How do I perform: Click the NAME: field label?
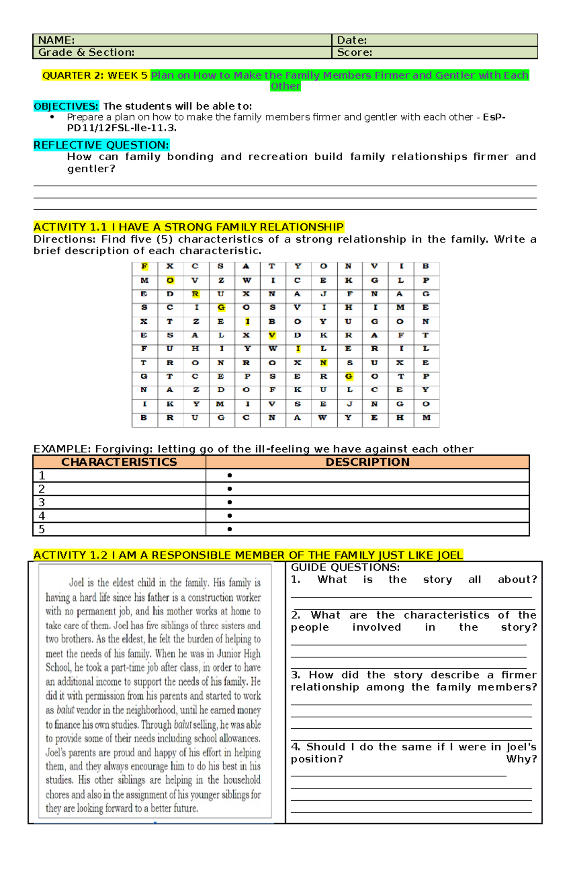click(x=56, y=40)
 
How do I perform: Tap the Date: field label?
click(x=352, y=40)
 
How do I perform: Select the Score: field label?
click(x=354, y=52)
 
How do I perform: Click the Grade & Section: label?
click(x=86, y=52)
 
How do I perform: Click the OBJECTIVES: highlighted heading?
click(x=66, y=106)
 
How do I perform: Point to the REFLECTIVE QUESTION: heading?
click(x=101, y=145)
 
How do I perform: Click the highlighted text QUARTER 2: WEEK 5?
click(x=95, y=75)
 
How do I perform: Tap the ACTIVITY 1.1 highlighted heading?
click(x=188, y=227)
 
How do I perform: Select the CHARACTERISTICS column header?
click(x=119, y=462)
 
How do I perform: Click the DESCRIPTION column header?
click(x=367, y=462)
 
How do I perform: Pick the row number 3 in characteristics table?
click(x=41, y=502)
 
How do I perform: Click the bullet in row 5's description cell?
click(x=230, y=529)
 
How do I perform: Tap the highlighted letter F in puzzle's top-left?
click(x=144, y=266)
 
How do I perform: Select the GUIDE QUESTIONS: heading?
click(x=345, y=567)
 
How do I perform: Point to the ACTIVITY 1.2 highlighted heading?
click(x=247, y=555)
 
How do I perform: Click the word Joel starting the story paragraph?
click(x=76, y=583)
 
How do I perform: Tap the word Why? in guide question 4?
click(x=522, y=759)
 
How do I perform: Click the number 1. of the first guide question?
click(x=295, y=580)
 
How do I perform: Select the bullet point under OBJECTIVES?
click(x=52, y=117)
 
